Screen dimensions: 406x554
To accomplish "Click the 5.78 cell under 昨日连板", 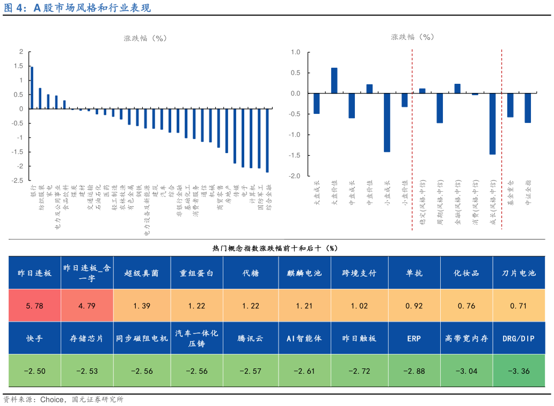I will (34, 306).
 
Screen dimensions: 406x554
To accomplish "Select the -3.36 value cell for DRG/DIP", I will (519, 371).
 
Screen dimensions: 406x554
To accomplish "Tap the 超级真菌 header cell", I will (142, 273).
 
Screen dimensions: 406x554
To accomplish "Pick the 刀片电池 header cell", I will (519, 273).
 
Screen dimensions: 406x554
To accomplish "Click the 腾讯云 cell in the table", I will (250, 338).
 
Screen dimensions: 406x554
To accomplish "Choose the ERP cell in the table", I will (413, 338).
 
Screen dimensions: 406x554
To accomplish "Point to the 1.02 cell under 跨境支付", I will (359, 306).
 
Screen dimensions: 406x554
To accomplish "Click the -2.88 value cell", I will (413, 371).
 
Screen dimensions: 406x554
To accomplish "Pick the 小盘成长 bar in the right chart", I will (387, 122).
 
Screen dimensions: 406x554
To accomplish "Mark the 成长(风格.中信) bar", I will (492, 124).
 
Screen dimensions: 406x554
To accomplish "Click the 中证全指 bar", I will (528, 108).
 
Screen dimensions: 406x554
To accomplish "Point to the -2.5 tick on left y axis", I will (18, 180).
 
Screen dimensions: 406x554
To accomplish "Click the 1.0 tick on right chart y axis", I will (295, 52).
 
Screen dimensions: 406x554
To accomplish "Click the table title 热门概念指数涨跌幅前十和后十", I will (275, 248).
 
